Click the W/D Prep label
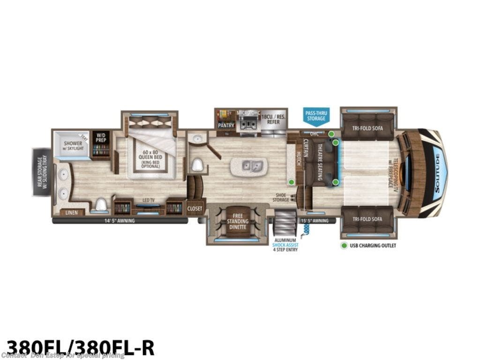click(101, 139)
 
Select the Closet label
click(195, 209)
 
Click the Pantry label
click(226, 125)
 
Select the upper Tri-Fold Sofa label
click(367, 126)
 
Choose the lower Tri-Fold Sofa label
click(367, 219)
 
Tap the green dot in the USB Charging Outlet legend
click(344, 245)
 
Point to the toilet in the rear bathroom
click(101, 205)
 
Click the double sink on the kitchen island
click(249, 166)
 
